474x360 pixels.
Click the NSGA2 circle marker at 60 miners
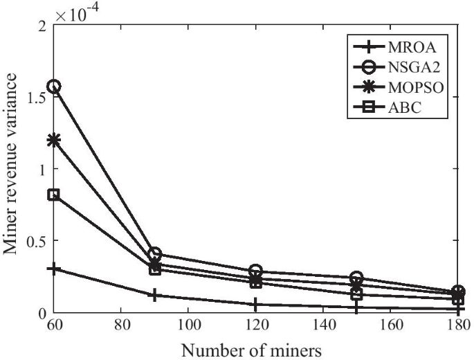click(53, 87)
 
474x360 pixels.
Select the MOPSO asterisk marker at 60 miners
click(53, 141)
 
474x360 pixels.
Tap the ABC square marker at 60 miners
click(53, 195)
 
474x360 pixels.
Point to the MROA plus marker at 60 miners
click(53, 269)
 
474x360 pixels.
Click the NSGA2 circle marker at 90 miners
click(155, 254)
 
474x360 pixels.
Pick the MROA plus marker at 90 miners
click(155, 296)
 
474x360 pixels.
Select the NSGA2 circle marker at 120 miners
click(256, 271)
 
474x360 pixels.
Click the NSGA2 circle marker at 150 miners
click(357, 278)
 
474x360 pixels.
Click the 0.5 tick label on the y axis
click(35, 241)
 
